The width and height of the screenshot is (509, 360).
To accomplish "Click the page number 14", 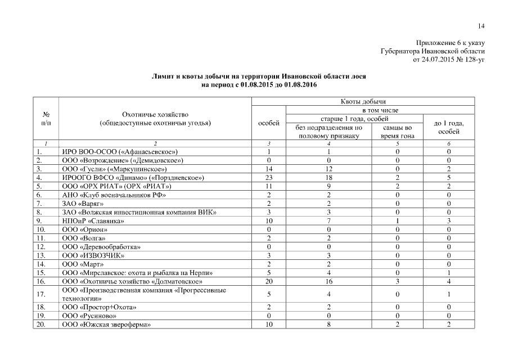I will (481, 25).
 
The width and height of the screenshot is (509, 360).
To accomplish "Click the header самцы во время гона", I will (397, 132).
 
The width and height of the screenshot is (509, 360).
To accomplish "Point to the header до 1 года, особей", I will (449, 127).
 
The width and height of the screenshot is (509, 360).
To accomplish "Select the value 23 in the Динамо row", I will (269, 177).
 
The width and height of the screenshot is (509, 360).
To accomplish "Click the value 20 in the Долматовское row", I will (269, 281).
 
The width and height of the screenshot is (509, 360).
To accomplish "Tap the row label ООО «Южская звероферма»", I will (107, 325).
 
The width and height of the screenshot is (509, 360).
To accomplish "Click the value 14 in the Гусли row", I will (269, 168).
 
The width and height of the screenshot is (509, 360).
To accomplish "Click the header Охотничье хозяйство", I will (155, 114).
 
